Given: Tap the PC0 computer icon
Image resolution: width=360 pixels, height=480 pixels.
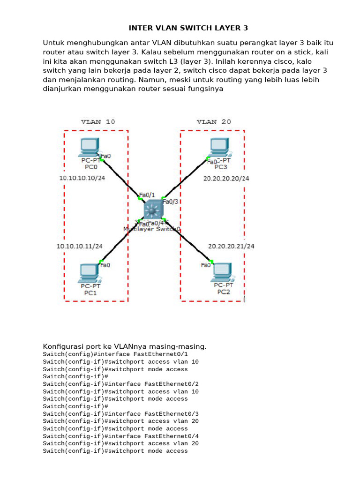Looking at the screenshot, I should (89, 147).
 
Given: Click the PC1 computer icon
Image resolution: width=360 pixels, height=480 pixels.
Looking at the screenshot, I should (89, 272).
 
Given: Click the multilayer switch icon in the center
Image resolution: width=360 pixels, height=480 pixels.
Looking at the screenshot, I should (153, 208).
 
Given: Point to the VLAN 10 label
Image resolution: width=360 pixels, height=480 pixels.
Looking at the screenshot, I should (98, 122).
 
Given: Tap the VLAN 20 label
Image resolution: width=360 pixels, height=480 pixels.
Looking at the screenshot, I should (214, 122).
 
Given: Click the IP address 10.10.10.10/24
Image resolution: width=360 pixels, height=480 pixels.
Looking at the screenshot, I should (82, 178).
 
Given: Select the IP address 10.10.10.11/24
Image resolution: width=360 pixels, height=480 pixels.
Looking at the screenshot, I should (79, 246).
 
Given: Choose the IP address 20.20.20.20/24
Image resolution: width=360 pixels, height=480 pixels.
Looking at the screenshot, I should (226, 179).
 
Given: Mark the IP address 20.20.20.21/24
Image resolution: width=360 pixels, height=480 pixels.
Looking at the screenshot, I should (231, 246).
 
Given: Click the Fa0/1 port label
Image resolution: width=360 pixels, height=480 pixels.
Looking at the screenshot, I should (147, 195).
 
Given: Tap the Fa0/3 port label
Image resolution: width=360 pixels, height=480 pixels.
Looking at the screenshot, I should (169, 202).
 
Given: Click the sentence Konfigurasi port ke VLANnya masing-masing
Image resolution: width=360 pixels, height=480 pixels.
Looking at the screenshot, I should (125, 346).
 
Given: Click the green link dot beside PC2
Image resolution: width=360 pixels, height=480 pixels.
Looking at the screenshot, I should (211, 262).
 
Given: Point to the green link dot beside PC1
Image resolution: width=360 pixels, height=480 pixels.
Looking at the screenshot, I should (101, 262).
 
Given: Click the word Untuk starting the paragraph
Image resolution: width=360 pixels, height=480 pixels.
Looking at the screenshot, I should (53, 43).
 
